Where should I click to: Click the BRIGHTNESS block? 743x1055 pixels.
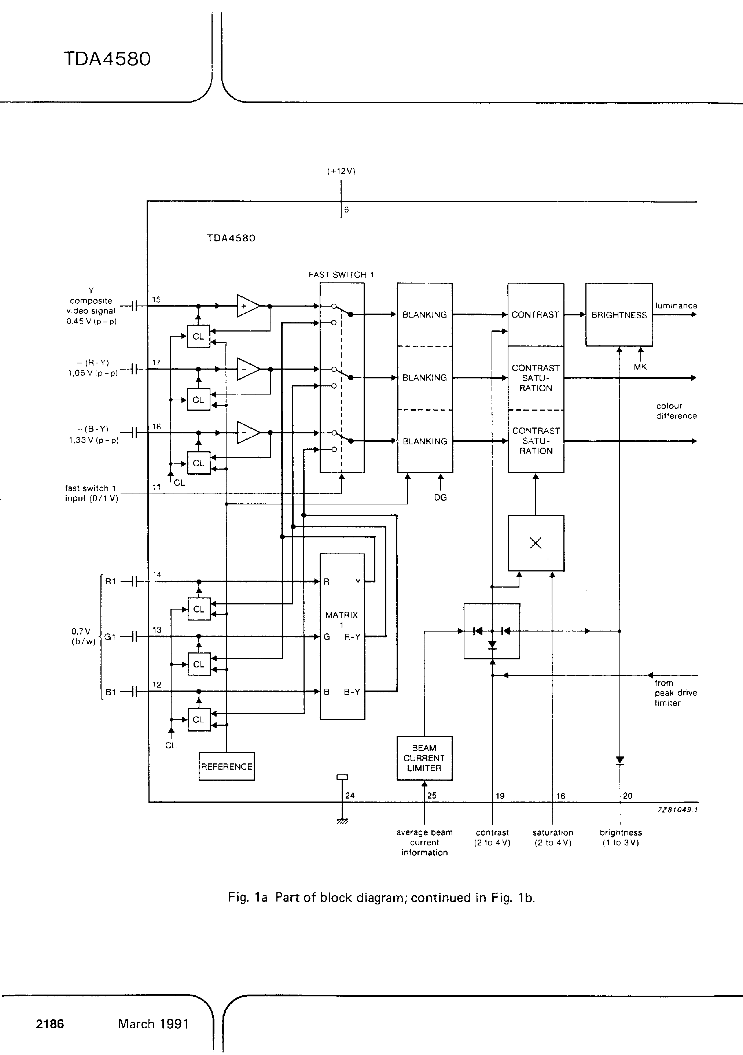pyautogui.click(x=619, y=315)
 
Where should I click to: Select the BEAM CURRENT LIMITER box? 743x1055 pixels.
pyautogui.click(x=424, y=758)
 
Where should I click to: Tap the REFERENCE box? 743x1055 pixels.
pyautogui.click(x=227, y=766)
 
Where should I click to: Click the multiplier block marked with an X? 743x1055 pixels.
pyautogui.click(x=536, y=543)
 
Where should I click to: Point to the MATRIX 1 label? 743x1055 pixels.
pyautogui.click(x=342, y=619)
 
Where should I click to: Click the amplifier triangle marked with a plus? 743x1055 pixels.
pyautogui.click(x=248, y=306)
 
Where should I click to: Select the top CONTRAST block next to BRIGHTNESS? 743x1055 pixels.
pyautogui.click(x=535, y=315)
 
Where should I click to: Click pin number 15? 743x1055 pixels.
pyautogui.click(x=156, y=300)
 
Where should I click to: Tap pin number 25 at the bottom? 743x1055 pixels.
pyautogui.click(x=432, y=795)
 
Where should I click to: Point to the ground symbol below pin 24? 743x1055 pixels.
pyautogui.click(x=342, y=821)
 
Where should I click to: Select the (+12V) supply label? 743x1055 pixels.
pyautogui.click(x=341, y=171)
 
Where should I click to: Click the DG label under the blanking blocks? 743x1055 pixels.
pyautogui.click(x=440, y=497)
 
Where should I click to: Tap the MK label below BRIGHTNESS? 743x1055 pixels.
pyautogui.click(x=640, y=367)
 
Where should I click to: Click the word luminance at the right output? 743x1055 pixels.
pyautogui.click(x=676, y=306)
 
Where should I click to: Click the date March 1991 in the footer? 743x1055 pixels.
pyautogui.click(x=153, y=1024)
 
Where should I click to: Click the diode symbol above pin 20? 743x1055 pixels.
pyautogui.click(x=620, y=760)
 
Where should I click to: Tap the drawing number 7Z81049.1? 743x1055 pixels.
pyautogui.click(x=677, y=810)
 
